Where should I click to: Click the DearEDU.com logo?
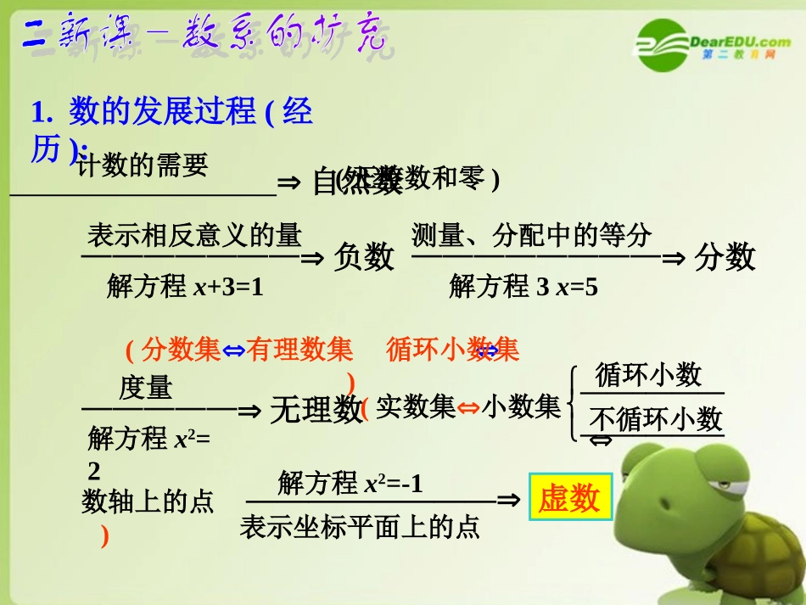[x=713, y=43]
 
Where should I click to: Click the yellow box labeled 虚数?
[x=568, y=500]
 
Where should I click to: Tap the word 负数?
[x=364, y=256]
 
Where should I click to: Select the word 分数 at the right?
[x=725, y=256]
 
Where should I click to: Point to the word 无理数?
[x=316, y=411]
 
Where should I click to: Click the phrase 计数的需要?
[x=143, y=166]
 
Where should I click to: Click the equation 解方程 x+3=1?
[x=186, y=288]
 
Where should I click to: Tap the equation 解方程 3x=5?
[x=523, y=288]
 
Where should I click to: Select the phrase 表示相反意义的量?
[x=194, y=235]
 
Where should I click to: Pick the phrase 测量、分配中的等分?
[x=532, y=235]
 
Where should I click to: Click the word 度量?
[x=146, y=388]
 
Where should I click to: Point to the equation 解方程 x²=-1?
[x=350, y=484]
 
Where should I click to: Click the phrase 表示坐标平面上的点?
[x=360, y=528]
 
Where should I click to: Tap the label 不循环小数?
[x=656, y=419]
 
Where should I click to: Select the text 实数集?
[x=416, y=408]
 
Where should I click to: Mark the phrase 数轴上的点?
[x=148, y=501]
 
